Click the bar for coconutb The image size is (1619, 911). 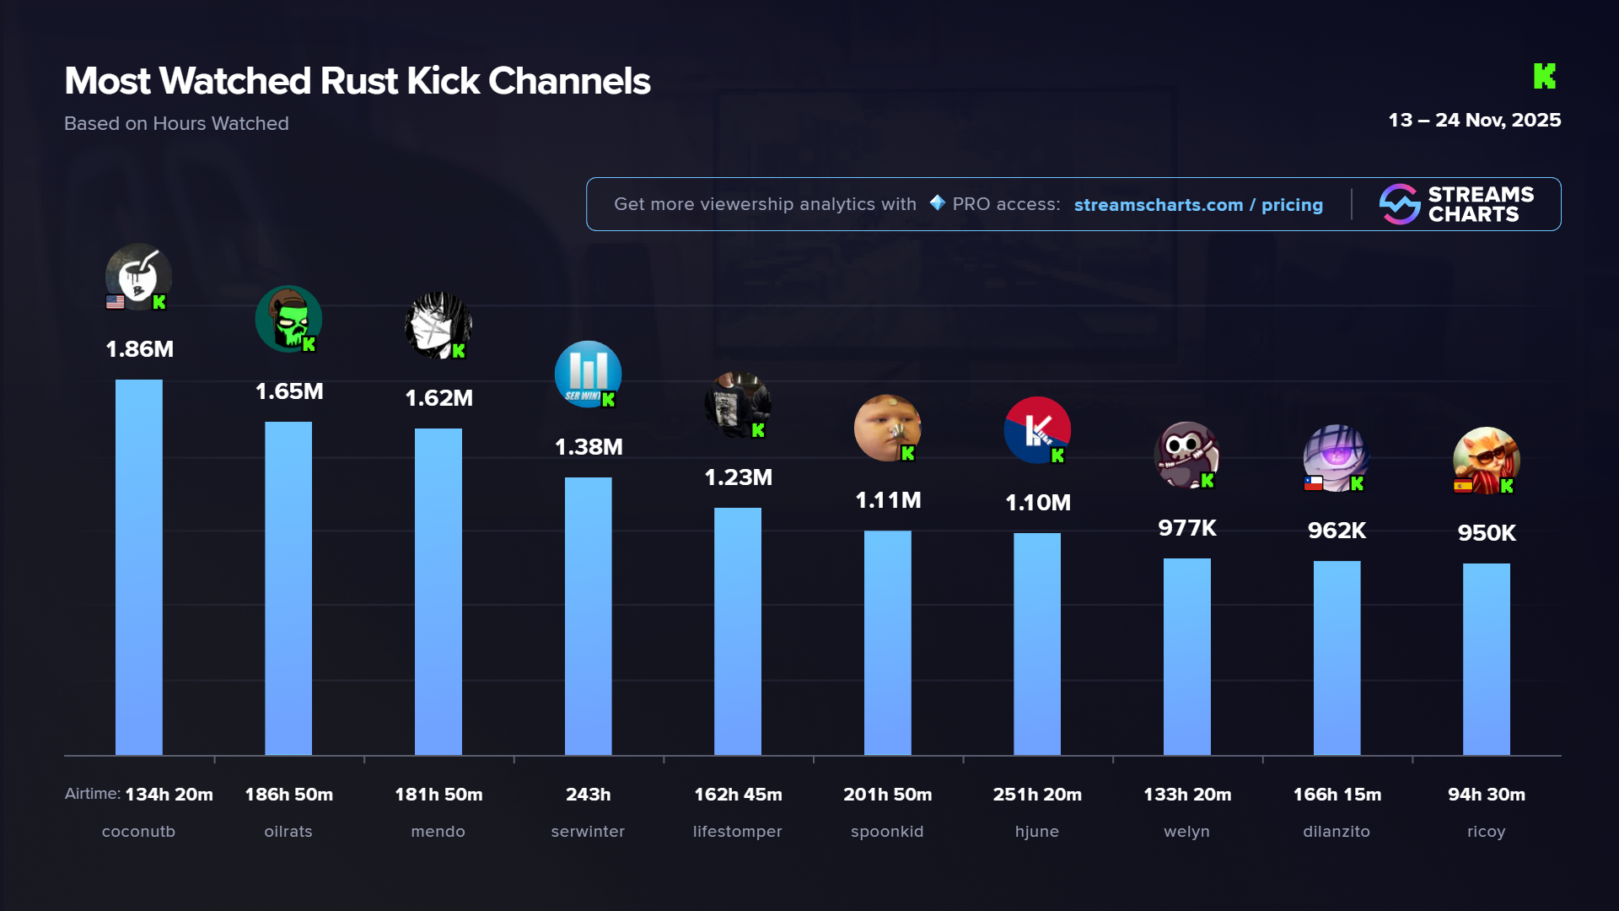139,567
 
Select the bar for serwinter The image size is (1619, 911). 588,616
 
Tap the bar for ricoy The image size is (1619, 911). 1486,659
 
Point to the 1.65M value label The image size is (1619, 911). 289,391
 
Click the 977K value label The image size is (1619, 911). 1187,528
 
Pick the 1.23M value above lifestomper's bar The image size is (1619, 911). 738,477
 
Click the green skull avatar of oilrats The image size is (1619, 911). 288,319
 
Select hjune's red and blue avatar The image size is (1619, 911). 1036,429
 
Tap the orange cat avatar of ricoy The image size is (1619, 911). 1486,460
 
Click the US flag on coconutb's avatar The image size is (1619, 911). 116,302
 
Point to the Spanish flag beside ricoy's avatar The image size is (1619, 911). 1463,485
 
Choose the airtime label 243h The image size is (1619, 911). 588,795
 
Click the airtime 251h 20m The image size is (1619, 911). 1037,795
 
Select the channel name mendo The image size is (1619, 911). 438,832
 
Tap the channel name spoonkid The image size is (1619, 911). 887,832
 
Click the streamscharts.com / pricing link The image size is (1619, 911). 1198,205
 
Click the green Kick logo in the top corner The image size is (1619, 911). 1544,77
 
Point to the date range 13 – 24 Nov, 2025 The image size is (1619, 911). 1474,121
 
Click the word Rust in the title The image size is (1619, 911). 358,82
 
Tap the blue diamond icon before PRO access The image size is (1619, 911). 937,203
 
